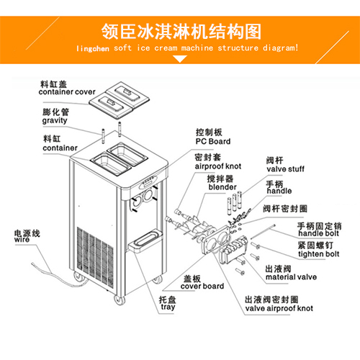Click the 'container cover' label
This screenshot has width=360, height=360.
pos(67,92)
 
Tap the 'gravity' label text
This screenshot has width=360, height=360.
pos(55,120)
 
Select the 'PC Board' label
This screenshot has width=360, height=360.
pos(213,141)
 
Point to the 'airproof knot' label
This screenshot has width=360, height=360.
pos(218,166)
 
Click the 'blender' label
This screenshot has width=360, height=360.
pos(222,187)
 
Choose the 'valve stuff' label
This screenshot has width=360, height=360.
pos(285,169)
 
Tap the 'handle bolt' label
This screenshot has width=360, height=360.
pos(318,233)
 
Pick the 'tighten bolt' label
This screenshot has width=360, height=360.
pos(319,254)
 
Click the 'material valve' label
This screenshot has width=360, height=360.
pos(291,277)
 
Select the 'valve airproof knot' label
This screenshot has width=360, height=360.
pos(279,308)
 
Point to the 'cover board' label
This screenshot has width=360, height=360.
pos(202,286)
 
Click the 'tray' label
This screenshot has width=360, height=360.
pos(168,307)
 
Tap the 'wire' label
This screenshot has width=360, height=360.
pos(22,240)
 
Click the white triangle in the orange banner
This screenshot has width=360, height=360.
pos(180,59)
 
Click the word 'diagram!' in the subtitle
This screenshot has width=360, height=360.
pos(281,48)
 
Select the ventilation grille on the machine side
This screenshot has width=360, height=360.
pos(95,257)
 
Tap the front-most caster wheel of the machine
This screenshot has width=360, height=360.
pos(120,300)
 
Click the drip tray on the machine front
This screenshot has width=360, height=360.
pos(145,239)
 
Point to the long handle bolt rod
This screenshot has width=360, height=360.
pos(263,232)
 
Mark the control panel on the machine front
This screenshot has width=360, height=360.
pos(148,181)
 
